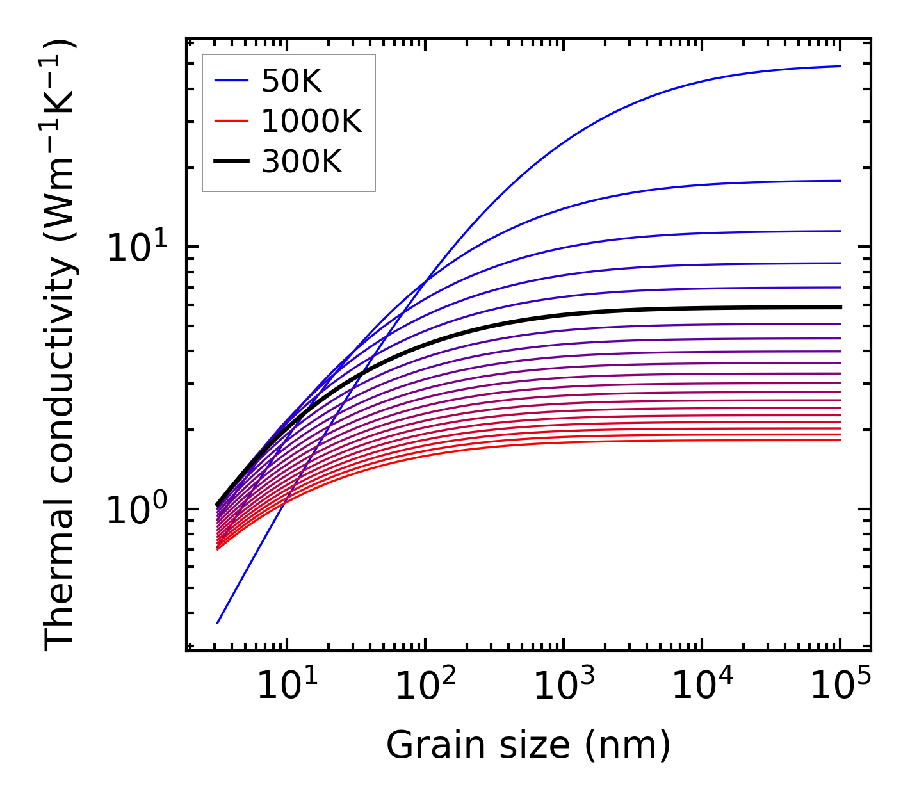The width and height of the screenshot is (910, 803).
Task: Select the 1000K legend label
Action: click(311, 121)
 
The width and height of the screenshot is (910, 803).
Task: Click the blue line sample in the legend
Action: click(231, 81)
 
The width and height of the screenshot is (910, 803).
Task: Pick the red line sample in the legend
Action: click(231, 121)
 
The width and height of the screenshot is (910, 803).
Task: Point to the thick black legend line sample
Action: click(231, 162)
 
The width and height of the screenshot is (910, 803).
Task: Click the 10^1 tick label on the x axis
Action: click(286, 687)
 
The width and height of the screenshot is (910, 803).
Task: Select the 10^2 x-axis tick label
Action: click(425, 687)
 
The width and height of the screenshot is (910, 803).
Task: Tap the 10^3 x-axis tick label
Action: click(563, 687)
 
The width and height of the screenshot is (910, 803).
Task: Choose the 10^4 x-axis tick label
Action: click(701, 687)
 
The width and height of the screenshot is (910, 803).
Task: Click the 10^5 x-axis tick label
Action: click(840, 687)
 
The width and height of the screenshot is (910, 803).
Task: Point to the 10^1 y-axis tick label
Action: click(136, 247)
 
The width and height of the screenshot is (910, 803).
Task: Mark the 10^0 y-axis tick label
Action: click(136, 510)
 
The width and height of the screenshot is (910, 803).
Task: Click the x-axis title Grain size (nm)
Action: click(528, 745)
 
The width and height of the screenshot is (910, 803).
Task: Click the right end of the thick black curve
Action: click(840, 307)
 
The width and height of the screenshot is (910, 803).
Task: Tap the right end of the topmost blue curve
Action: click(840, 66)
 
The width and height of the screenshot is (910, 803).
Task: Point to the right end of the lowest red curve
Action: click(840, 440)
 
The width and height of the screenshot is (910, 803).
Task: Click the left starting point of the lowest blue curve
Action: click(218, 622)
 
